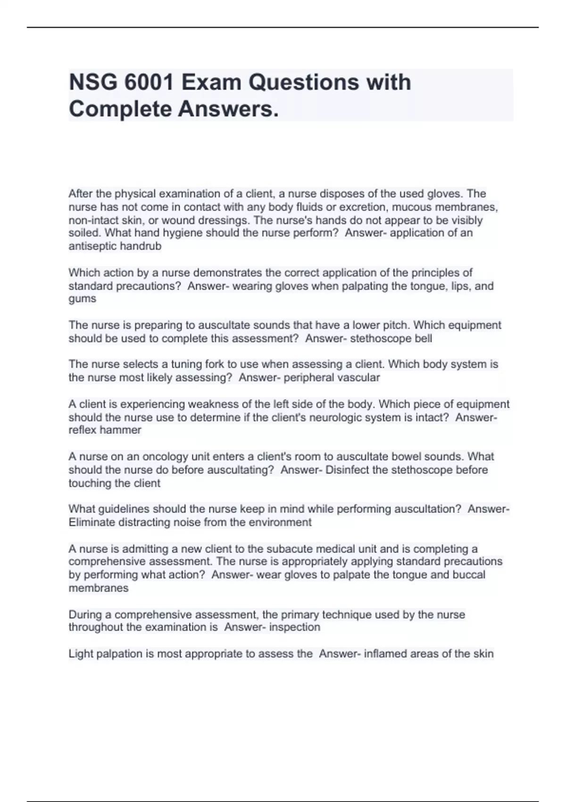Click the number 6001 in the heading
coord(149,83)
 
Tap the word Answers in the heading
coord(228,109)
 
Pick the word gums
coord(82,299)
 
